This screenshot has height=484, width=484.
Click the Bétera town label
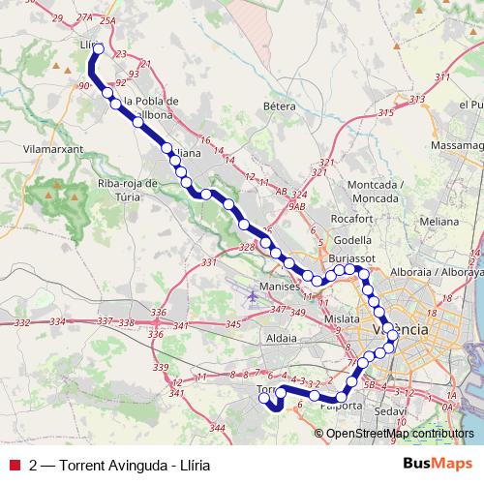278,105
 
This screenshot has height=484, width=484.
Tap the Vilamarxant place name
48,151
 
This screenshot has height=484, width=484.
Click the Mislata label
342,318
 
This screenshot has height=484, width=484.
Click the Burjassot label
352,260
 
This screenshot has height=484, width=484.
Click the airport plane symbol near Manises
252,294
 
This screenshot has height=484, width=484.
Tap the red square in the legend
14,465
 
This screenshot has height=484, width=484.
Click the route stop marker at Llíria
98,47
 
